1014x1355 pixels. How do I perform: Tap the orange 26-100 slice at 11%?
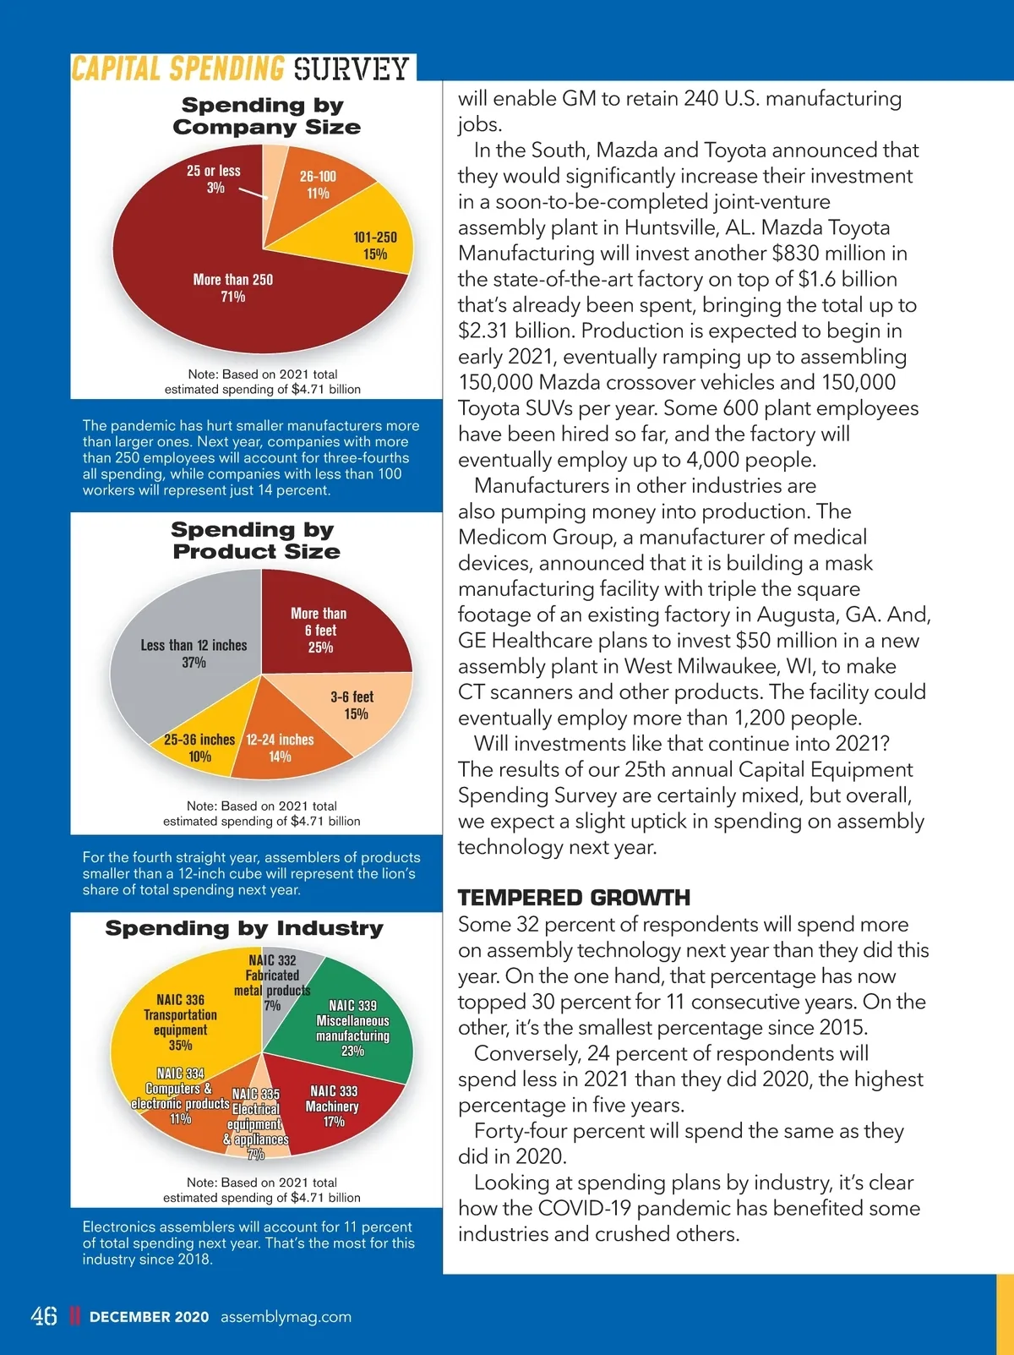pos(318,184)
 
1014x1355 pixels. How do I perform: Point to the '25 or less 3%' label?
pos(214,178)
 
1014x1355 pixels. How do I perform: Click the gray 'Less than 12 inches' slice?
pos(194,653)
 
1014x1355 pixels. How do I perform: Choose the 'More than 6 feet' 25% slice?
pos(319,630)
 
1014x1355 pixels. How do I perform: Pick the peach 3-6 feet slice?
pos(353,705)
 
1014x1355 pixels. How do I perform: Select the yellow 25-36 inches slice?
pos(200,747)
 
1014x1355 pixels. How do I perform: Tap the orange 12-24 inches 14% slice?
pos(280,747)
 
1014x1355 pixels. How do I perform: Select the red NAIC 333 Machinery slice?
pos(333,1106)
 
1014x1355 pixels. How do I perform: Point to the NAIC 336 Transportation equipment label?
pos(180,1022)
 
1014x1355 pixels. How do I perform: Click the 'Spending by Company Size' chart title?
pos(266,116)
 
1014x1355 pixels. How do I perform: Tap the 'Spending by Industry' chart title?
pos(244,928)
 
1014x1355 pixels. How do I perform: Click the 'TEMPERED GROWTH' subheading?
pos(574,898)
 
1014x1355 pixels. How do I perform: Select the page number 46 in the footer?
pos(44,1316)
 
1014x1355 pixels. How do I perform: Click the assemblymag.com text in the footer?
pos(286,1317)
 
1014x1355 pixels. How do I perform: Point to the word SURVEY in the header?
pos(352,68)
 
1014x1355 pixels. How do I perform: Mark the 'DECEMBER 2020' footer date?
pos(149,1317)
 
